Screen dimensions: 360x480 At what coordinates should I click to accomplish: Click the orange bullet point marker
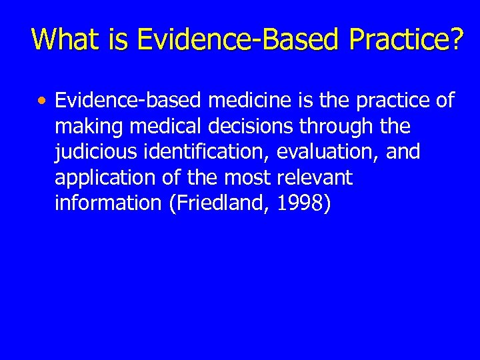[42, 102]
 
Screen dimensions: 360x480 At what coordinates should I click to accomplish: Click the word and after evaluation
[402, 152]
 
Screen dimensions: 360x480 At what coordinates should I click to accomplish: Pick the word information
[104, 203]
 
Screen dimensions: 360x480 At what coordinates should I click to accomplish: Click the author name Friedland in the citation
[214, 203]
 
